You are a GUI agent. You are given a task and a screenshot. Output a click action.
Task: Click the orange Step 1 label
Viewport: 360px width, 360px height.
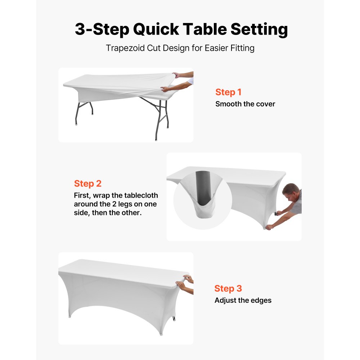(x=228, y=92)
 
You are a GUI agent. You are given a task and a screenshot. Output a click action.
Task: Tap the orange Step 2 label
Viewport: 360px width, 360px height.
(x=88, y=184)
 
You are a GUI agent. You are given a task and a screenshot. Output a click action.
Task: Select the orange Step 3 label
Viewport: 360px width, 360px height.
(x=228, y=288)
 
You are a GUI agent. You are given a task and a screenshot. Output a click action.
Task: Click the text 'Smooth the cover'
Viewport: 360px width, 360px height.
(x=245, y=104)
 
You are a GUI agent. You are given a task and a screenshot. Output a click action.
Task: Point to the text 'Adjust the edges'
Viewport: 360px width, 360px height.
(x=243, y=300)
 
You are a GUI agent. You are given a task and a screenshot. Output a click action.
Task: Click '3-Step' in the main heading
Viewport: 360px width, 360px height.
(x=101, y=30)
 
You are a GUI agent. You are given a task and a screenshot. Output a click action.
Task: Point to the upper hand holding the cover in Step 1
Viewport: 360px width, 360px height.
(x=177, y=75)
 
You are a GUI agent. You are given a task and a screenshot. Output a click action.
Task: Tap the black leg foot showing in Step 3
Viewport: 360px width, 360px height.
(x=175, y=318)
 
